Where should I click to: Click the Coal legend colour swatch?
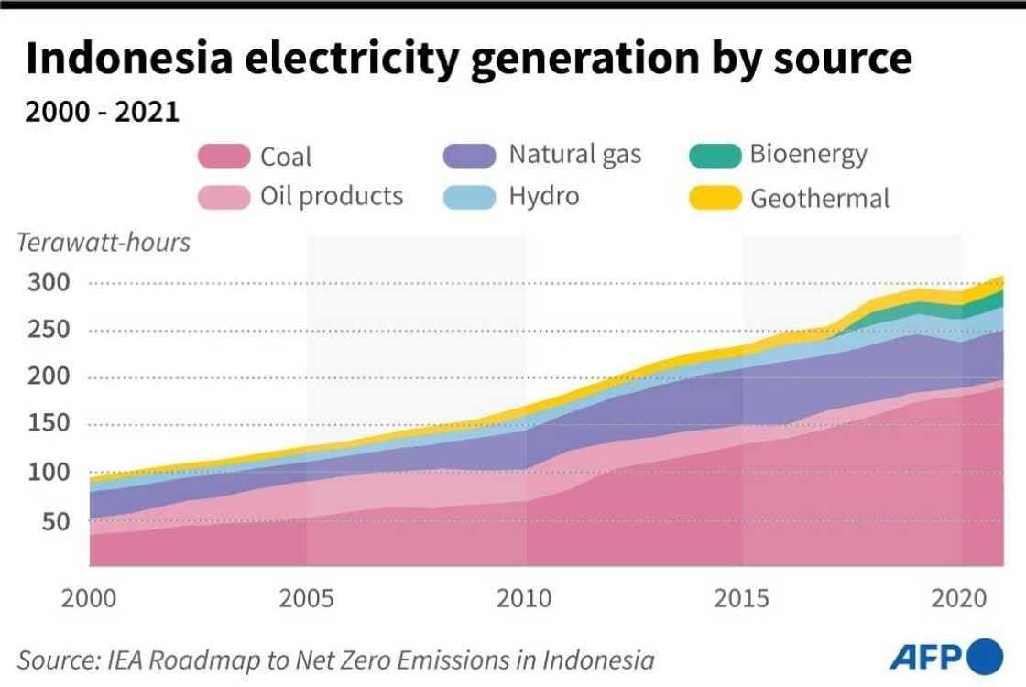tap(224, 156)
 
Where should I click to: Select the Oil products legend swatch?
tap(224, 196)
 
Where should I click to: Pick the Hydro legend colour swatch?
tap(470, 196)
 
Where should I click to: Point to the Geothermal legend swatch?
tap(715, 196)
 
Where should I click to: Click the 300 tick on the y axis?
tap(46, 282)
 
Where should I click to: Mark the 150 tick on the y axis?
tap(46, 425)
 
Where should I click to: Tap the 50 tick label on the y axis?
tap(52, 521)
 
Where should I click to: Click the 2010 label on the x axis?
tap(525, 599)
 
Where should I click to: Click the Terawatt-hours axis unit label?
tap(104, 243)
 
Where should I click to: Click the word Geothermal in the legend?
tap(820, 198)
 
